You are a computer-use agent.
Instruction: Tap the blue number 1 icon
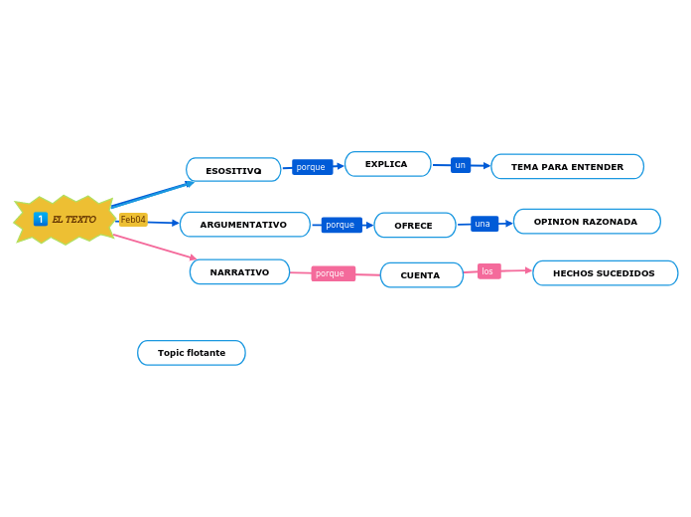point(41,219)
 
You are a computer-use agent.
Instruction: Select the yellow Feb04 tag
point(133,220)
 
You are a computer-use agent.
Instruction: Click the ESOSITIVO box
point(233,170)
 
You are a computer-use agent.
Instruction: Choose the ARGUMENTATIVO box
point(244,225)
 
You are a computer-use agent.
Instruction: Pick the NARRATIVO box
point(239,272)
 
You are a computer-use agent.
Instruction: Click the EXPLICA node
point(387,164)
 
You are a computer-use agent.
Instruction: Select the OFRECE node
point(414,226)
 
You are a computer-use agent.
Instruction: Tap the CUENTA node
point(421,275)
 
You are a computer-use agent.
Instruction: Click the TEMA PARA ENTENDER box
point(567,167)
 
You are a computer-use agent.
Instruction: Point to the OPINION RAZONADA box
point(586,222)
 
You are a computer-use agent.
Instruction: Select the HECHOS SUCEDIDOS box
point(605,273)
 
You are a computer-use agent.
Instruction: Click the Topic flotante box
point(192,353)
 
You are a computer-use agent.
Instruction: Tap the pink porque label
point(333,273)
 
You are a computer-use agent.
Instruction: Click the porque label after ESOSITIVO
point(312,167)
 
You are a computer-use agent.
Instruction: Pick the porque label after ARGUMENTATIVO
point(341,225)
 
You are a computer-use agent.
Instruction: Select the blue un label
point(461,165)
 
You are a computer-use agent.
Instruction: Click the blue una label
point(484,224)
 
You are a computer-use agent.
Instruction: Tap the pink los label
point(488,271)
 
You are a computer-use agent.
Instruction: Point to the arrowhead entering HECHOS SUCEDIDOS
point(528,270)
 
